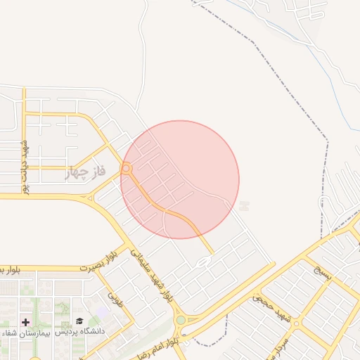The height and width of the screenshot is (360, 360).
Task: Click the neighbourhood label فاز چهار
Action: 86,172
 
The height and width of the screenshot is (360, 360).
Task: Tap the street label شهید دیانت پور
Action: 25,167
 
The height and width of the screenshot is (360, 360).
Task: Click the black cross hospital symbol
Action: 26,321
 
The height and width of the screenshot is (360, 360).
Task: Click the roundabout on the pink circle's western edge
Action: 127,169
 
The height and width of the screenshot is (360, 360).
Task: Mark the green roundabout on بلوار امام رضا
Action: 181,320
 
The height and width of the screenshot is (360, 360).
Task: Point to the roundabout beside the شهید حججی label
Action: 296,323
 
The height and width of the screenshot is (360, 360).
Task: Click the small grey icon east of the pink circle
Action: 244,206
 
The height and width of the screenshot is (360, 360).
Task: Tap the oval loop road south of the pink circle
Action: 203,262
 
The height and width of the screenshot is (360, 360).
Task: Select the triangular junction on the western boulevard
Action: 89,198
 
